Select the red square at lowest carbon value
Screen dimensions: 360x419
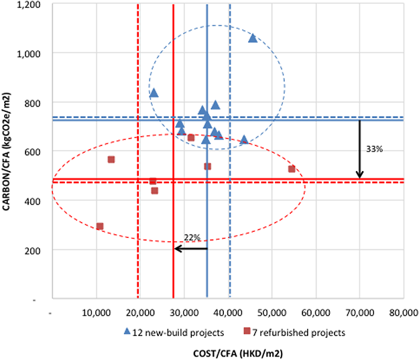(100, 227)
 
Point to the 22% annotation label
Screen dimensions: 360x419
(191, 237)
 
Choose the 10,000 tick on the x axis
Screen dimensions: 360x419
(96, 312)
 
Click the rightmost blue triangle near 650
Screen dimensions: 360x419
(244, 139)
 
